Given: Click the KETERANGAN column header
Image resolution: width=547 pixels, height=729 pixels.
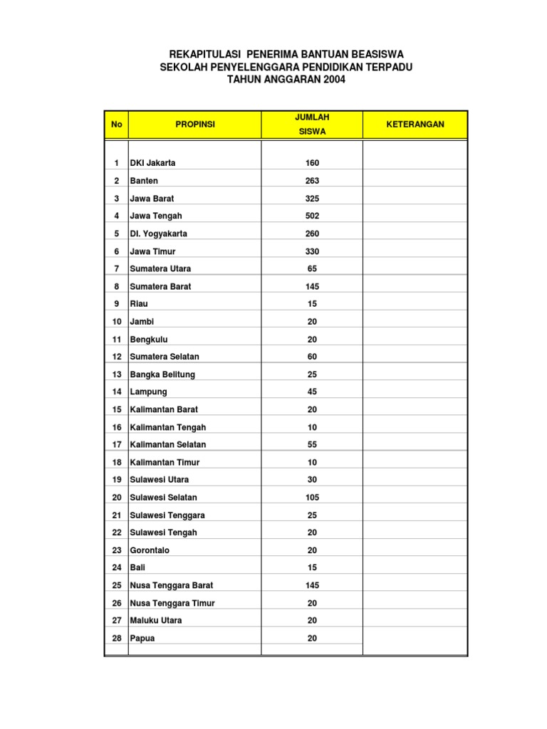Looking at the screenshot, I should [415, 125].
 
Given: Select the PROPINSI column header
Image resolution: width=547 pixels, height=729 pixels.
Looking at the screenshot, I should [194, 125].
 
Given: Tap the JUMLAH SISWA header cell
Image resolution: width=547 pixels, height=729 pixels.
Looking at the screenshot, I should [312, 125].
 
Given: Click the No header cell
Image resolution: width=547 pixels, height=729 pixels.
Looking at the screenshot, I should [116, 125].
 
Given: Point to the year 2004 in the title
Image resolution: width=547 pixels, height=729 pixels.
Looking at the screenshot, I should [333, 80].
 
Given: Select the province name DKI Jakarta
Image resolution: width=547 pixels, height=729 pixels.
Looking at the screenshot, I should [152, 163].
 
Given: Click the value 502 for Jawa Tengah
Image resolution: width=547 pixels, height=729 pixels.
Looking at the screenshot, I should [312, 216].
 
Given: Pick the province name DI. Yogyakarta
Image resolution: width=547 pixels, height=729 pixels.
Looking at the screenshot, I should [158, 234].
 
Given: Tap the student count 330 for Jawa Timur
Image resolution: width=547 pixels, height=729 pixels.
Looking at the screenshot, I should [312, 251].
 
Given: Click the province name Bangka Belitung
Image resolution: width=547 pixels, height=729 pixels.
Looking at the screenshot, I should [162, 374].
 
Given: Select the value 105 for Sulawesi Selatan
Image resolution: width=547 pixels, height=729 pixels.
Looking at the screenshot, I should [312, 498].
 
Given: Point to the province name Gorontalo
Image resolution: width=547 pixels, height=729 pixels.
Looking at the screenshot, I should [150, 550].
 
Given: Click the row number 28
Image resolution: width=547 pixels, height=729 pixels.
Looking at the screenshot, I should [117, 639].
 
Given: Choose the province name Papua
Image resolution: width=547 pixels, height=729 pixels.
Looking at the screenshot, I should [142, 639].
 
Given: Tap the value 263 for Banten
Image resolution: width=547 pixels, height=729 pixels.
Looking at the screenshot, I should [312, 181].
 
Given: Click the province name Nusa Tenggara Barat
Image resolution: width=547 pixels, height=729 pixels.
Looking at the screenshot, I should [172, 585].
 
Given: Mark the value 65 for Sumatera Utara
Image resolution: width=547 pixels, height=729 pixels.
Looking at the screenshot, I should [312, 268].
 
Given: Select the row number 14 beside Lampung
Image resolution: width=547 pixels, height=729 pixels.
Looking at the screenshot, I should [117, 392].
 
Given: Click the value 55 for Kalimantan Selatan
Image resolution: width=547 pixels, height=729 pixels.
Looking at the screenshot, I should [312, 444].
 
